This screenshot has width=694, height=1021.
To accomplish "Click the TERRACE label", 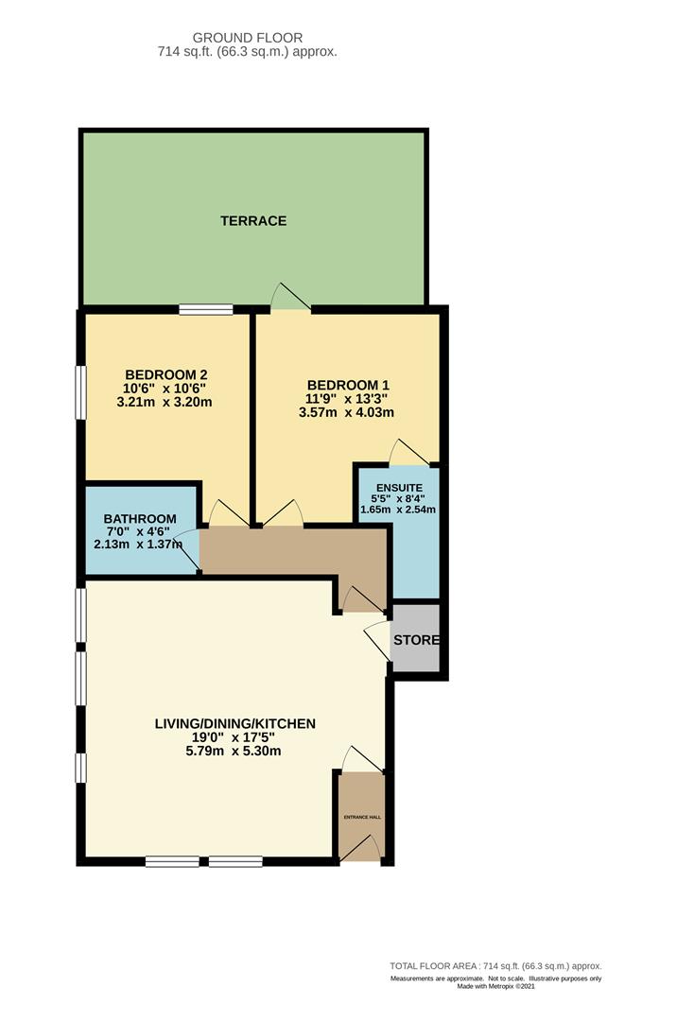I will coord(252,221).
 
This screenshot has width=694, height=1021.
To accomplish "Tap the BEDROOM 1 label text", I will coord(347,385).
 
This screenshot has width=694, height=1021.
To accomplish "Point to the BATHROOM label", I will coord(140,519).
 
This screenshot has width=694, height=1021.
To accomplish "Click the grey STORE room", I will coord(416,640).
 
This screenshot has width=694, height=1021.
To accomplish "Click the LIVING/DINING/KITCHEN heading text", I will coord(234,724).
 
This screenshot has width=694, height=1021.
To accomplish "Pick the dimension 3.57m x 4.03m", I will coord(347,412).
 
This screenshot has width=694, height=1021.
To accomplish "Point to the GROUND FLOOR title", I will coord(247,38).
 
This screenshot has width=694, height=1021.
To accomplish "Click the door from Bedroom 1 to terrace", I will coord(290,298).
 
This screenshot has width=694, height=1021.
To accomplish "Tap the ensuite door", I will coord(409,453).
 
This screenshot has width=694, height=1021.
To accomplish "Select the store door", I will coord(377,641).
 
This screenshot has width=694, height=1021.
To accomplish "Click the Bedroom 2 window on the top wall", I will coord(206,308).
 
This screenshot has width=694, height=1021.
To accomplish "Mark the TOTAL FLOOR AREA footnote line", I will coord(495,966).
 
